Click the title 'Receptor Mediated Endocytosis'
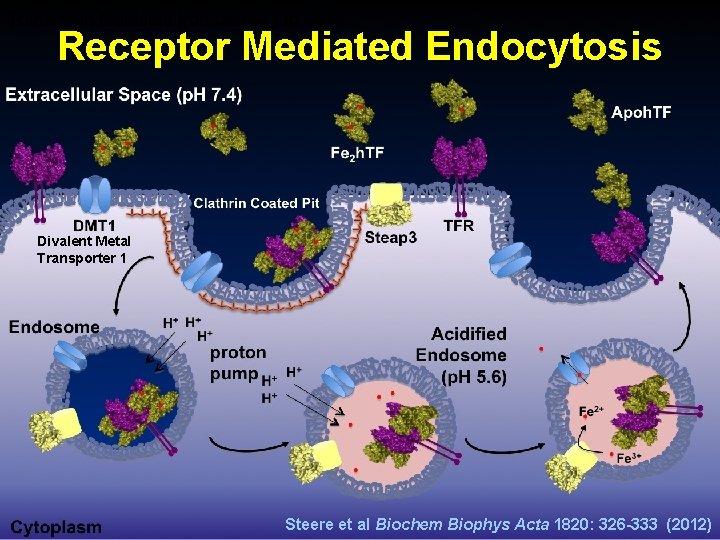[x=359, y=46]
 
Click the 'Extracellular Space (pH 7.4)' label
[x=123, y=96]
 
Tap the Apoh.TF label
[x=641, y=112]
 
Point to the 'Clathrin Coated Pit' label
[x=258, y=203]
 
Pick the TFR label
[x=459, y=226]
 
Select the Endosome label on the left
[x=54, y=326]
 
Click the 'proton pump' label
[x=238, y=363]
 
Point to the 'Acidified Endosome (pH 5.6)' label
[x=461, y=355]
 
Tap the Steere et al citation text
[x=498, y=523]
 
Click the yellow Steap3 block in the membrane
[x=385, y=194]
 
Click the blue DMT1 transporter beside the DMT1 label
[x=96, y=194]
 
